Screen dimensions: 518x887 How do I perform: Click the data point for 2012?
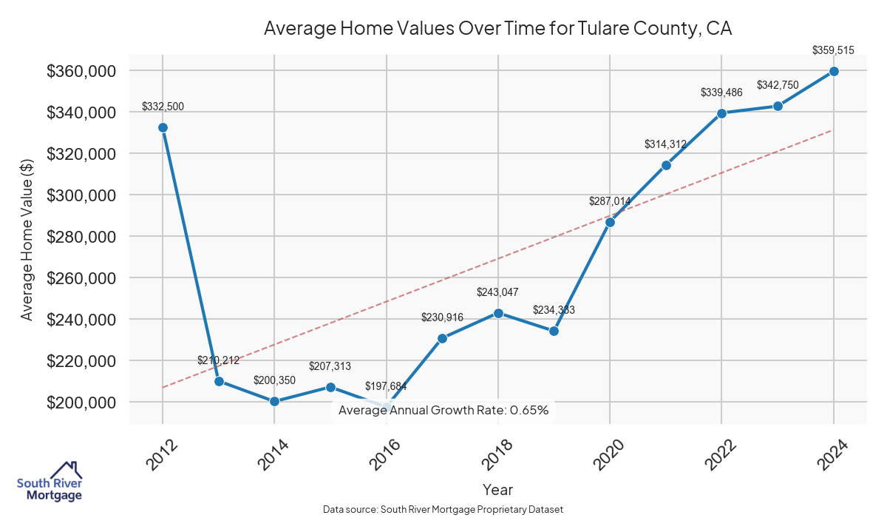pos(163,127)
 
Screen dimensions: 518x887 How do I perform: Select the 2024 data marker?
pos(834,71)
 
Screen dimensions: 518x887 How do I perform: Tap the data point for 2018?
pos(498,313)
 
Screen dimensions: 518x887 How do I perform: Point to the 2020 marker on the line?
pos(610,222)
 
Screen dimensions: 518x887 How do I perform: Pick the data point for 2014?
pos(274,401)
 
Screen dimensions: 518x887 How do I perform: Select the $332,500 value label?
pos(163,107)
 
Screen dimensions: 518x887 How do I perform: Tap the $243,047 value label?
pos(498,292)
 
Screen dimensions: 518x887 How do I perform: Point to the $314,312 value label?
pos(666,144)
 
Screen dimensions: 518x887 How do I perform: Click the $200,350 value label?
pos(274,380)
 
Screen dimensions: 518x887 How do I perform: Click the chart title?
pos(497,29)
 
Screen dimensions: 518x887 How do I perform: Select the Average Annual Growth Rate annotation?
pos(443,410)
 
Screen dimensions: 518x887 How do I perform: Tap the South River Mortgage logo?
pos(50,481)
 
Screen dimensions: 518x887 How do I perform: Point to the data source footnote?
pos(443,509)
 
